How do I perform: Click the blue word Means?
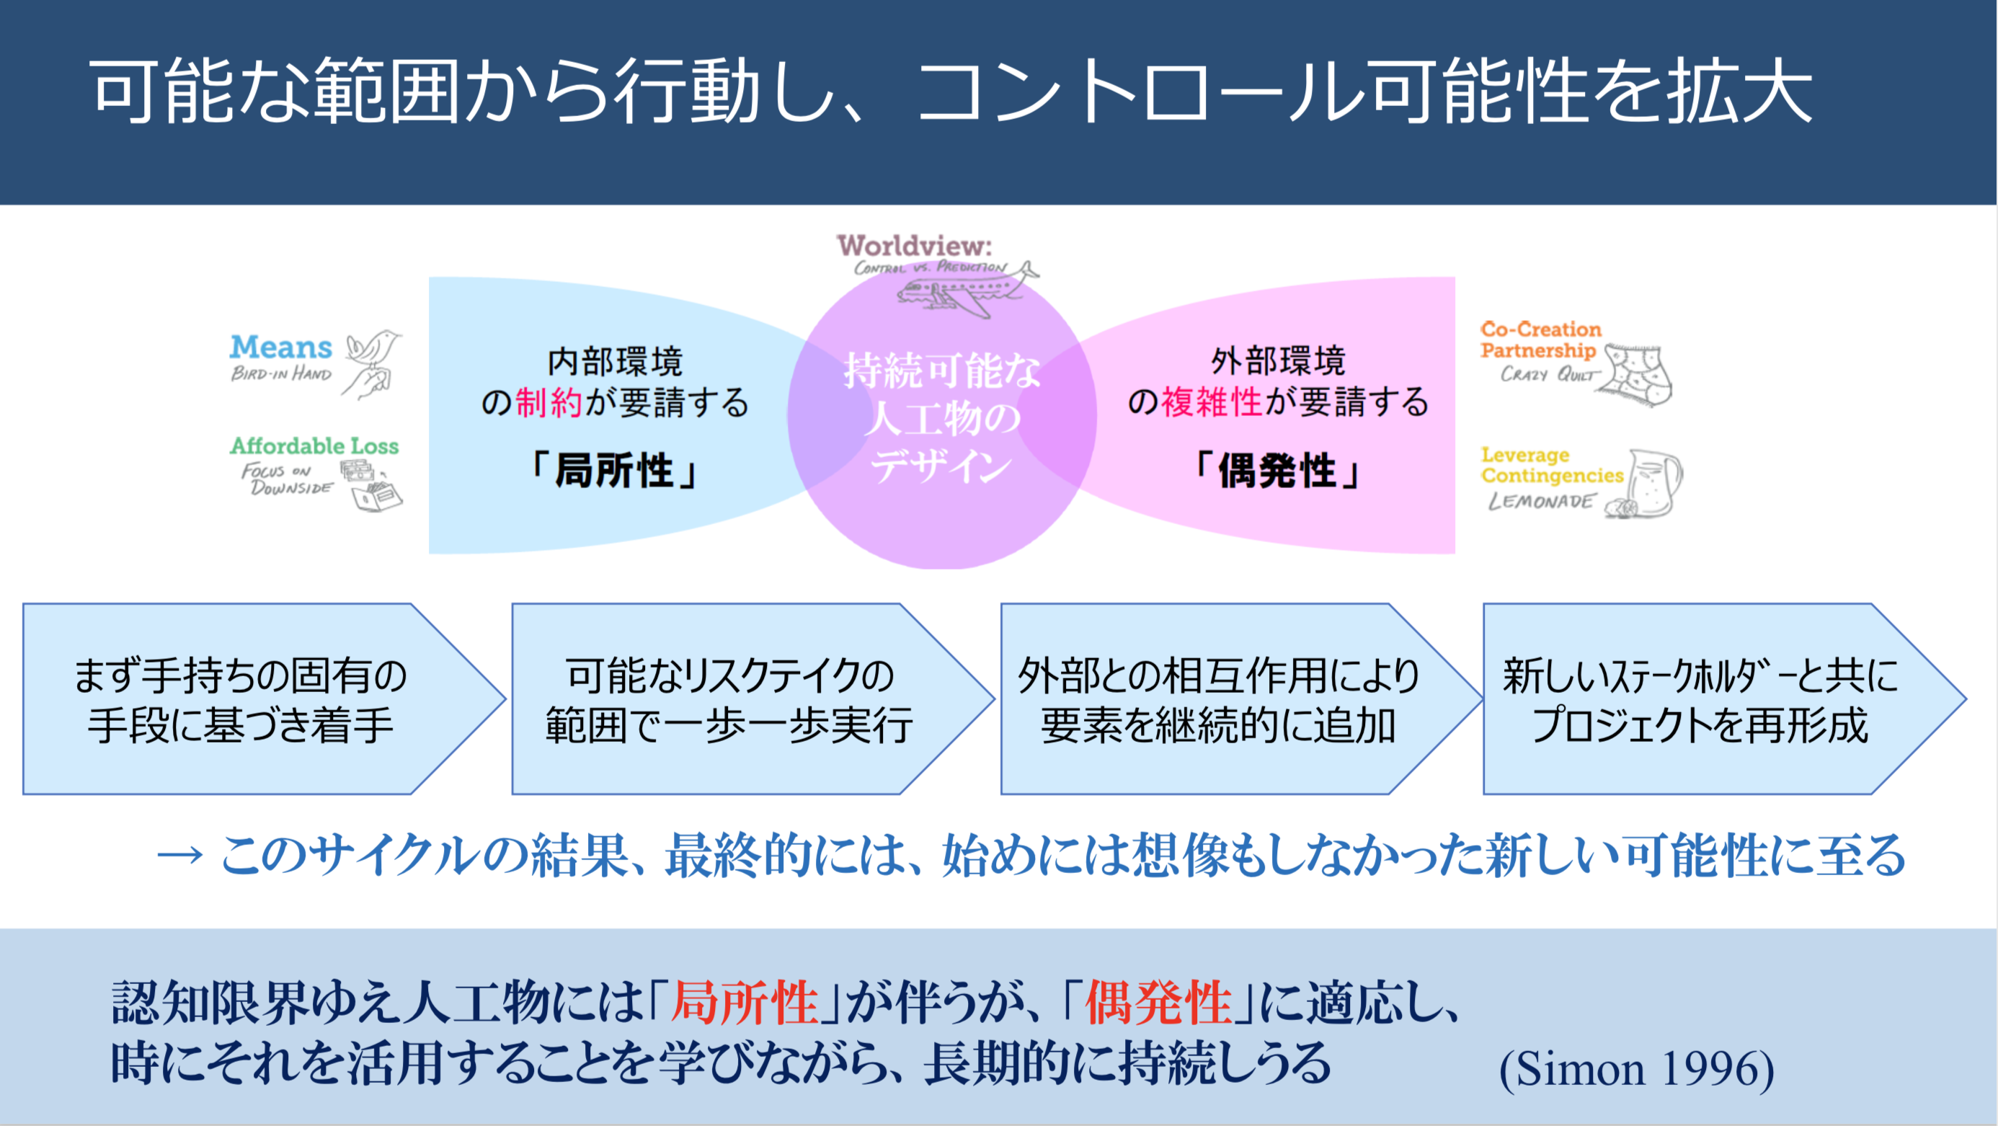tap(281, 347)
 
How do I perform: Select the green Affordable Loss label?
tap(314, 446)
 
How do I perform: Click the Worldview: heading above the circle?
tap(915, 246)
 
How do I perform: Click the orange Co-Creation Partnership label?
tap(1540, 340)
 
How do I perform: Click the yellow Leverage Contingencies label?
tap(1551, 465)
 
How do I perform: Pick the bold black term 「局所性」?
tap(614, 471)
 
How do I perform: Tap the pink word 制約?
tap(549, 402)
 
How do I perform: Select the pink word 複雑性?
tap(1212, 402)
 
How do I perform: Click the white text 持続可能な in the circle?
tap(942, 371)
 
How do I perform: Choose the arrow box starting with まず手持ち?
tap(241, 699)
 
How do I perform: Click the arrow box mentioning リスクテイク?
tap(729, 699)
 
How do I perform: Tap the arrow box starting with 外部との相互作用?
tap(1217, 699)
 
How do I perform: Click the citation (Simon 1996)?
tap(1637, 1068)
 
